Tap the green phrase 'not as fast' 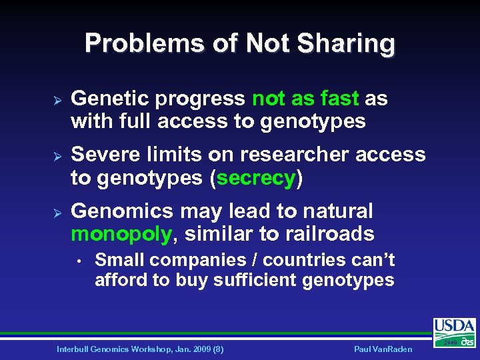tap(306, 99)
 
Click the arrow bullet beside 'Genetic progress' tap(57, 99)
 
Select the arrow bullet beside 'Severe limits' tap(57, 155)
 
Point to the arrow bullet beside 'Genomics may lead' tap(57, 212)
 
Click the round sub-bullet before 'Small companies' tap(79, 261)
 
